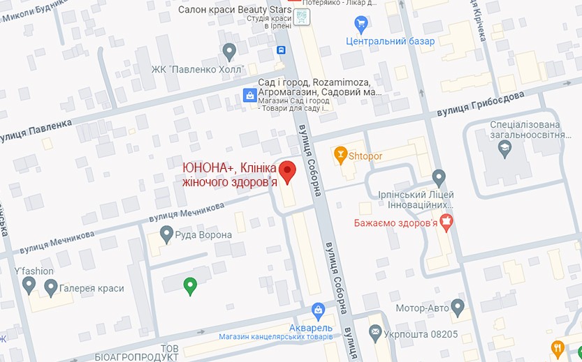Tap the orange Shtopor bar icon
tap(340, 154)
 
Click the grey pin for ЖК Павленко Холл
tap(229, 51)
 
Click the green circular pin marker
tap(189, 285)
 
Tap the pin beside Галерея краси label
tap(50, 287)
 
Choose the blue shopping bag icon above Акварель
tap(318, 309)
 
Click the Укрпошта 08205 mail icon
tap(376, 333)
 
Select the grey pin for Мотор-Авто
tap(458, 306)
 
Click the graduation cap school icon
tap(503, 148)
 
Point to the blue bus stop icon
tap(281, 50)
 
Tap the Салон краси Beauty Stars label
tap(234, 10)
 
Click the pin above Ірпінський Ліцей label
tap(439, 176)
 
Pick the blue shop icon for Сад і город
tap(248, 96)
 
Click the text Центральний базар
tap(391, 41)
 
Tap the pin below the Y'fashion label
tap(29, 285)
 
